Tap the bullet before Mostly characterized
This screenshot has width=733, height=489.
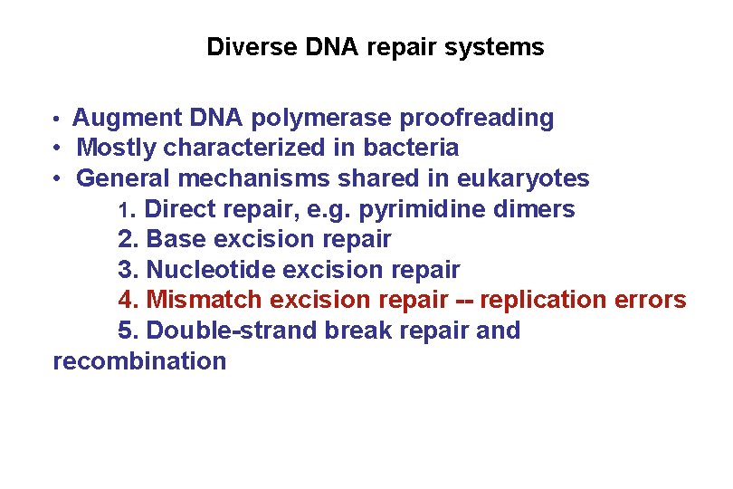pyautogui.click(x=56, y=148)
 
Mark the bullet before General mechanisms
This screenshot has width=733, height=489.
pyautogui.click(x=56, y=178)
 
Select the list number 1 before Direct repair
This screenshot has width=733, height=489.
pyautogui.click(x=126, y=210)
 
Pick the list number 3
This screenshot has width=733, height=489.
pyautogui.click(x=126, y=271)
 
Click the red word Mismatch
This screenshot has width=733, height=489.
pyautogui.click(x=204, y=300)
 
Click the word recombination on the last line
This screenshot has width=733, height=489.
pyautogui.click(x=139, y=361)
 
